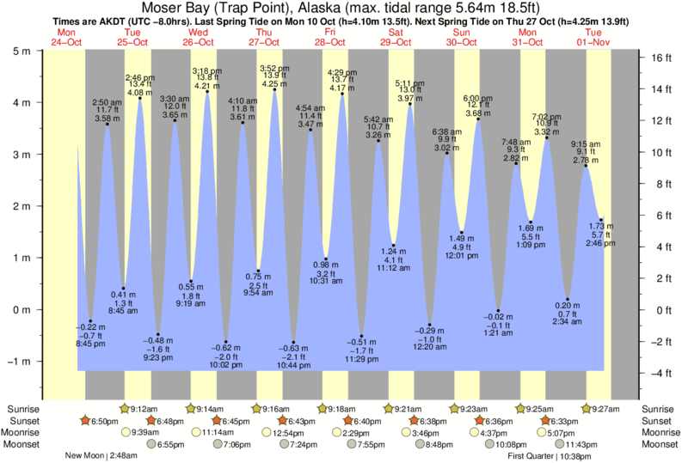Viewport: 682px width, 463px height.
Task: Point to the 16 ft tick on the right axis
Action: (660, 58)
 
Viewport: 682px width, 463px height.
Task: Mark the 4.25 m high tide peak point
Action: (275, 91)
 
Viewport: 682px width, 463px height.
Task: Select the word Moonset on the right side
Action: (660, 445)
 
